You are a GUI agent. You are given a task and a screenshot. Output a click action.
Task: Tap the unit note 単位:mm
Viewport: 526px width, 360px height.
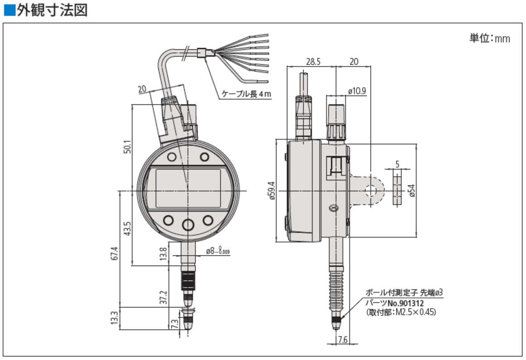pos(489,38)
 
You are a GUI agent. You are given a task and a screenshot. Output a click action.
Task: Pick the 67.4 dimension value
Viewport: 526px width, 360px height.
pos(115,253)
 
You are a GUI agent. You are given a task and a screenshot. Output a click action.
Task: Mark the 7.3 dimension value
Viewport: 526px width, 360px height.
pos(175,323)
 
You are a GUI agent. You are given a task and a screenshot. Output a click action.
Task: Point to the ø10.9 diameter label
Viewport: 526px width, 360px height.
pos(357,91)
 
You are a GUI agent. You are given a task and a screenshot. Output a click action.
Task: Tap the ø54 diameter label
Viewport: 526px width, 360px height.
pos(411,191)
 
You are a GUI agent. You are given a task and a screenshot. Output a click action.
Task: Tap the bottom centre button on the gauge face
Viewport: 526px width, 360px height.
pos(188,224)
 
